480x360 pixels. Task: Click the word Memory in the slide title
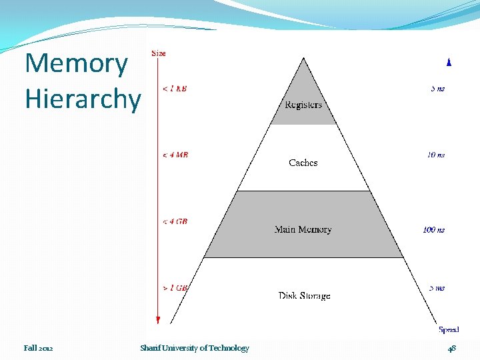tap(76, 64)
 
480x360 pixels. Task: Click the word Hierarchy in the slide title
tap(83, 99)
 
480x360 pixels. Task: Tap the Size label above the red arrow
tap(159, 53)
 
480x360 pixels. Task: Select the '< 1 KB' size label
tap(175, 88)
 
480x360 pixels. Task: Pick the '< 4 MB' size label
tap(176, 155)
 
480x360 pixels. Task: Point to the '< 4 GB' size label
tap(175, 221)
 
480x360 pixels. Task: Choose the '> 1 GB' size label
tap(176, 288)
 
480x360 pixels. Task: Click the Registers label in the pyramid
tap(303, 105)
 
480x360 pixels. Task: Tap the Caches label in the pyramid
tap(303, 163)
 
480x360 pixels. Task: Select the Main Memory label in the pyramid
tap(303, 229)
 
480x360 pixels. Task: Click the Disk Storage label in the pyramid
tap(304, 296)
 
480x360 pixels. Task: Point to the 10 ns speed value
tap(436, 155)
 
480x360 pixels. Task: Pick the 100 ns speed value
tap(434, 229)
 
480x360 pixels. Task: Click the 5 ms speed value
tap(437, 288)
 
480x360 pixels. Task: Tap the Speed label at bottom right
tap(449, 329)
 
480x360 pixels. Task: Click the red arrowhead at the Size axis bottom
tap(158, 320)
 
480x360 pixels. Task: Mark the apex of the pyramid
tap(304, 59)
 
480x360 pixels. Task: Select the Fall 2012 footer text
tap(39, 348)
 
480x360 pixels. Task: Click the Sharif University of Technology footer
tap(195, 348)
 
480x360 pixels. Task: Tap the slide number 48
tap(451, 348)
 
